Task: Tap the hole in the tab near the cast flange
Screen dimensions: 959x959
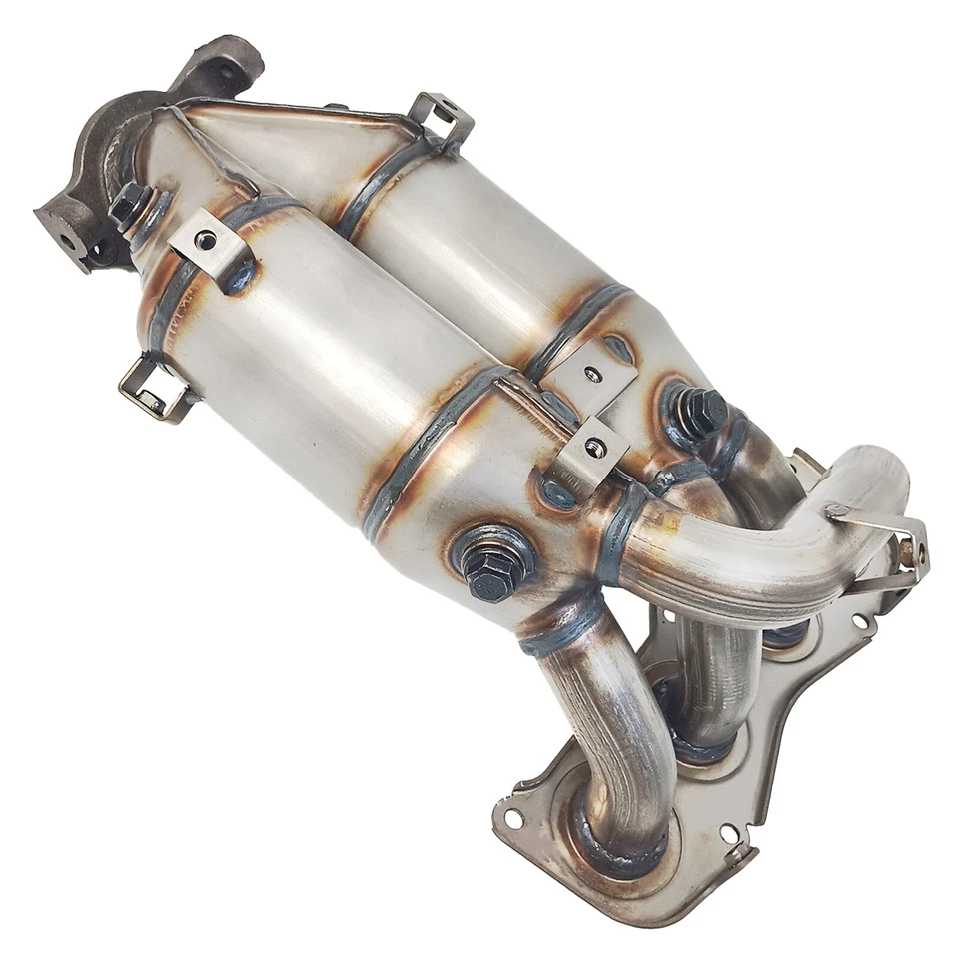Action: (206, 241)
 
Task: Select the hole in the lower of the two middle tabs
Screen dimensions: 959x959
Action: (597, 447)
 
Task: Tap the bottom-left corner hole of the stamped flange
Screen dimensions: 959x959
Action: (514, 818)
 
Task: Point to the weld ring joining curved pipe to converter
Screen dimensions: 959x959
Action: (620, 529)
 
